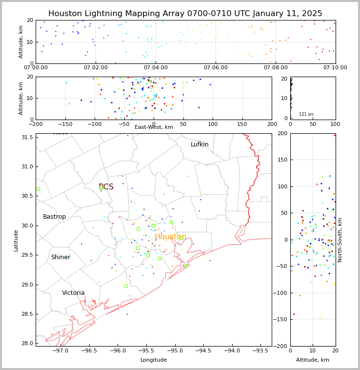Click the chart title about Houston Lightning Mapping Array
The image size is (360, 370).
(x=185, y=14)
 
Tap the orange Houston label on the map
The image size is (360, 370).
(x=170, y=237)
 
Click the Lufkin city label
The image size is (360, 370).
(x=200, y=144)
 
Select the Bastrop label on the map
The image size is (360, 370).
(x=54, y=217)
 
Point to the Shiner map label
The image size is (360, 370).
(x=60, y=257)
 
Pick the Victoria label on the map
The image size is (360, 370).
(x=73, y=293)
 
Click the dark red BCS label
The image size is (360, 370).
(x=106, y=187)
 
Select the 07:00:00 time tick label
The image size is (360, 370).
(x=36, y=67)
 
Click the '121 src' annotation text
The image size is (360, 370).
(x=306, y=114)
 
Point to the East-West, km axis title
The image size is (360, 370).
(x=154, y=127)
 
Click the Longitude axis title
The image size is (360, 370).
(x=154, y=360)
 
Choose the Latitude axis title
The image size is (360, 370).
(x=16, y=240)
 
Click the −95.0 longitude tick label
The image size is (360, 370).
(x=174, y=350)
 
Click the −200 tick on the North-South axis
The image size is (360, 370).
(x=281, y=346)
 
